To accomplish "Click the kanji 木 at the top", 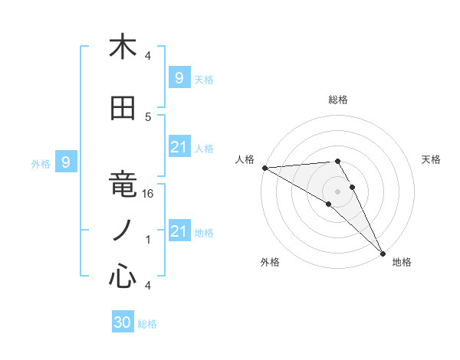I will (x=123, y=47).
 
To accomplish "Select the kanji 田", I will (x=123, y=109).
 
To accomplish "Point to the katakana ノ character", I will (x=123, y=230).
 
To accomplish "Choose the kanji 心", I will (x=123, y=276).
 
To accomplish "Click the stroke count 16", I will (x=149, y=195).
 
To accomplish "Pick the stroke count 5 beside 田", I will (x=149, y=117).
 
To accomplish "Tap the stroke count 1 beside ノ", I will (x=149, y=240).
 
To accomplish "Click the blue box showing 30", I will (x=123, y=322).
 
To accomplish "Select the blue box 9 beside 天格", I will (x=179, y=77).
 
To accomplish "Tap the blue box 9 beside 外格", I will (x=66, y=162).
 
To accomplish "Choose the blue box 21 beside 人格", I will (x=179, y=147).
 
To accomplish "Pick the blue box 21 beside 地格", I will (x=179, y=231).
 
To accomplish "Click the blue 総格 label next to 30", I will (x=148, y=324).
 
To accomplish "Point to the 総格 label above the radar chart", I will (x=337, y=100).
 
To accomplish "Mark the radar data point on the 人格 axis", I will (x=264, y=168).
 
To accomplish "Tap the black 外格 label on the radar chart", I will (x=270, y=262).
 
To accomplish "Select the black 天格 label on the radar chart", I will (x=432, y=159).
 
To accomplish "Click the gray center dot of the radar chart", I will (x=337, y=190).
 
